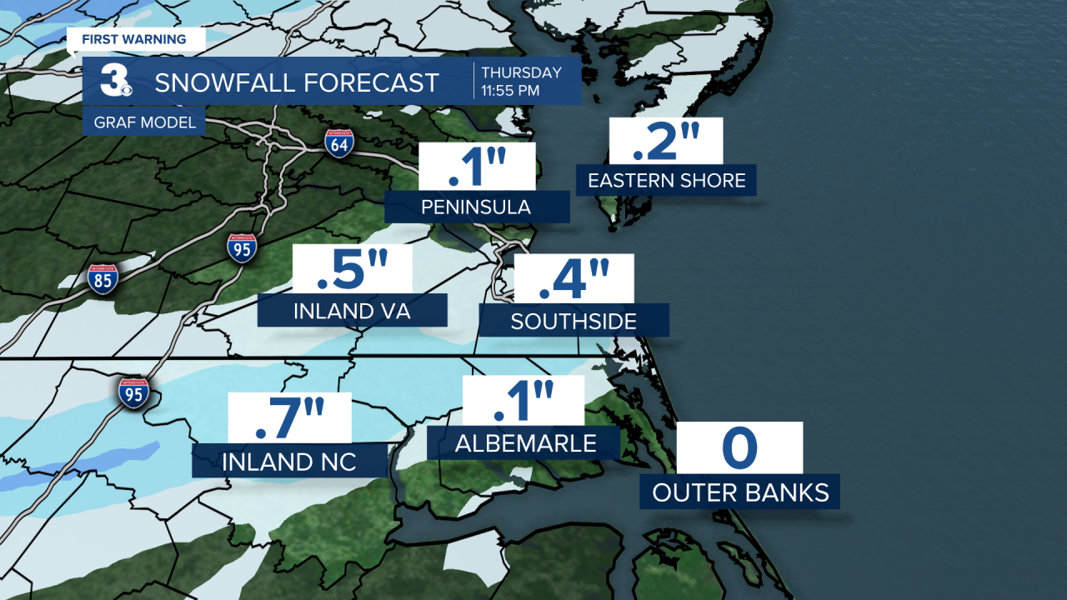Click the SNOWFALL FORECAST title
[x=297, y=82]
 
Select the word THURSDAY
[x=521, y=73]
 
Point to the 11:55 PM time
[x=510, y=91]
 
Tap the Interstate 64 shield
[x=339, y=142]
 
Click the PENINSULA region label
[x=477, y=207]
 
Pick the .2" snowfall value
[x=666, y=141]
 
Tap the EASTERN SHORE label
[x=666, y=180]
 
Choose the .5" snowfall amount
[x=353, y=270]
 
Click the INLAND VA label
[x=353, y=312]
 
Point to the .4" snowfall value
[x=574, y=279]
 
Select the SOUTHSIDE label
[x=574, y=321]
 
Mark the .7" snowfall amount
[x=289, y=417]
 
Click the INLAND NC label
[x=289, y=461]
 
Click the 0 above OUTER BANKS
[x=739, y=448]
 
